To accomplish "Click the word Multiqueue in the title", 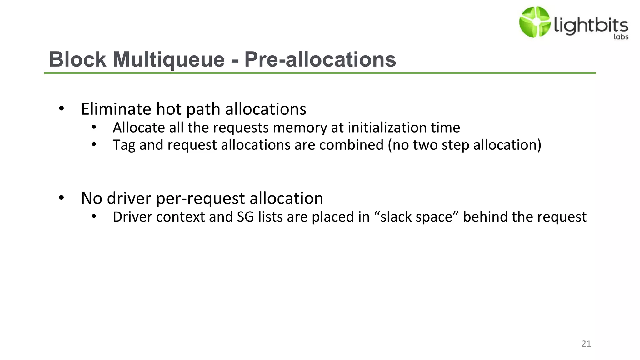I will click(x=169, y=59).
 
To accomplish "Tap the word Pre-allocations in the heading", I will click(x=320, y=59).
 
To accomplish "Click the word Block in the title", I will click(x=78, y=59).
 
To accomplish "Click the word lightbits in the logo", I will click(x=591, y=25).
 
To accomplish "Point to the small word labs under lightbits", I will click(x=621, y=37).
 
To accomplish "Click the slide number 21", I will click(x=586, y=344).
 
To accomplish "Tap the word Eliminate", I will click(x=116, y=109).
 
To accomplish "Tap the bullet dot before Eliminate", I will click(x=61, y=109).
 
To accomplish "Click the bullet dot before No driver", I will click(x=61, y=198).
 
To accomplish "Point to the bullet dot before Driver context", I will click(x=94, y=216).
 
